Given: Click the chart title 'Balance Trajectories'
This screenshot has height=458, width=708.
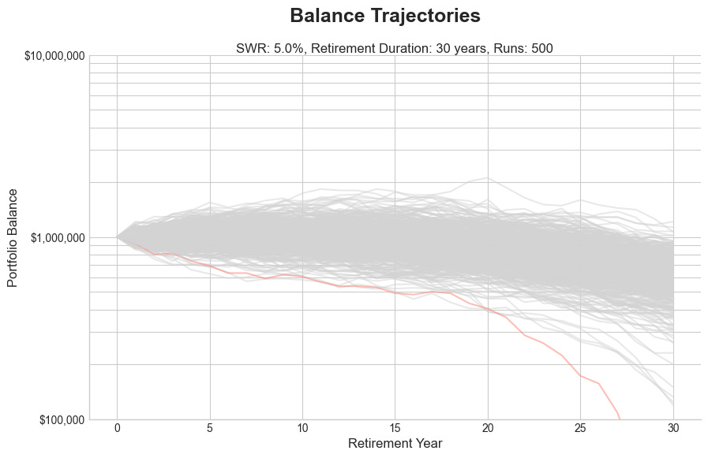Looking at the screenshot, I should [385, 16].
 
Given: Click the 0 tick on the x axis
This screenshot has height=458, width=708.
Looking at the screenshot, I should [117, 427].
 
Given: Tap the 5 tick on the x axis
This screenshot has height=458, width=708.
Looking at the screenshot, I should [210, 427].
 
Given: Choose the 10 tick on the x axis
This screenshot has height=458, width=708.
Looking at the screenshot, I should [302, 427].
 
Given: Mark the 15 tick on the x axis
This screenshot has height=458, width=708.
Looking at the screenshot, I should [395, 427].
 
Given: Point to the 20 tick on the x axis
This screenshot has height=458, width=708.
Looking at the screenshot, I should [488, 427].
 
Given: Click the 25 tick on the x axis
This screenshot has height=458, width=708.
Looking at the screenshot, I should [580, 427].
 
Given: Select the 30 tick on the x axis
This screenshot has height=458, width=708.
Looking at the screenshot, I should [673, 427].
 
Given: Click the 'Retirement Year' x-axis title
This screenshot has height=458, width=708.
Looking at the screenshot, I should [395, 443].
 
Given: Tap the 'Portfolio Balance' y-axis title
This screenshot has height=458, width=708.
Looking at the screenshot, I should [13, 237].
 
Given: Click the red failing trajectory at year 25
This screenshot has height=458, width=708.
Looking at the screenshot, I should [581, 376].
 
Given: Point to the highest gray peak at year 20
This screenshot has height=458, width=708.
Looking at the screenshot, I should [488, 178].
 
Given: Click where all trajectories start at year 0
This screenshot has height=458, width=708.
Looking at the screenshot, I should [118, 236].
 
